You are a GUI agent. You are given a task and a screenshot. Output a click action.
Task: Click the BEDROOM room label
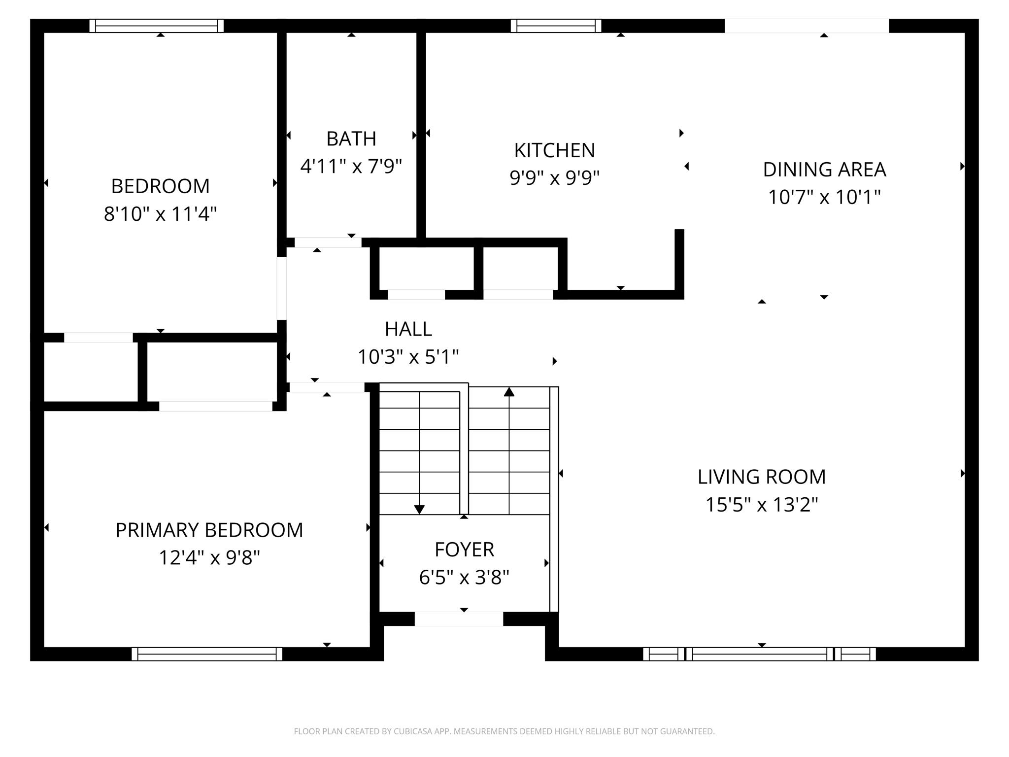[x=160, y=186]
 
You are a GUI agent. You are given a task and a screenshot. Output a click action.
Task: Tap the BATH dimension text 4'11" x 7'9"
[x=351, y=167]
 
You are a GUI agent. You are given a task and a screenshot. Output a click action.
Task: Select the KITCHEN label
[x=554, y=150]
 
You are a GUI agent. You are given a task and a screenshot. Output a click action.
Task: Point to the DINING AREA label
[x=824, y=170]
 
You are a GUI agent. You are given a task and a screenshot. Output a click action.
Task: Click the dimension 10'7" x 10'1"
[x=824, y=198]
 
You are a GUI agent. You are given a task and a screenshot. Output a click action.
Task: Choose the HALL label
[x=408, y=329]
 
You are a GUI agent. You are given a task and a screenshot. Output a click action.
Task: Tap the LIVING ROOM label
[x=761, y=477]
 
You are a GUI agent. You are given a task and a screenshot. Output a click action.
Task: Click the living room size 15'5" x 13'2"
[x=761, y=505]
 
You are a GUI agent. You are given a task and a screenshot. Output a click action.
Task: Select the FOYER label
[x=464, y=550]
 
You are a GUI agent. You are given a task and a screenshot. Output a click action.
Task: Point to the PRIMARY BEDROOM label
[x=209, y=530]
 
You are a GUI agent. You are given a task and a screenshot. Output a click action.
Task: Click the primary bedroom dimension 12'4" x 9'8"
[x=209, y=558]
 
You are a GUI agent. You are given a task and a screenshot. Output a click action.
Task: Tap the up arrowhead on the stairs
[x=509, y=392]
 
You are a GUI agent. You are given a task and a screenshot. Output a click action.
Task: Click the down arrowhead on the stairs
[x=419, y=509]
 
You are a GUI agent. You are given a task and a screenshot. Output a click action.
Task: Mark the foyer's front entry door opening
[x=459, y=619]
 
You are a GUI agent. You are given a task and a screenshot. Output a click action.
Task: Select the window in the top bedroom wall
[x=157, y=26]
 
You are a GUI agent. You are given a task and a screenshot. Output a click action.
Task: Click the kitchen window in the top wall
[x=556, y=26]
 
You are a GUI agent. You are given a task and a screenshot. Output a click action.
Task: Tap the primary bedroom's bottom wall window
[x=207, y=654]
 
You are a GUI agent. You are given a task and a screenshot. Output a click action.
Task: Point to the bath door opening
[x=328, y=242]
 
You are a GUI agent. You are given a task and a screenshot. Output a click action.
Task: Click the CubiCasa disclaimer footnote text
[x=504, y=731]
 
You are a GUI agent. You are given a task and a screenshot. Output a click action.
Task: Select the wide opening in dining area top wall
[x=807, y=26]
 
